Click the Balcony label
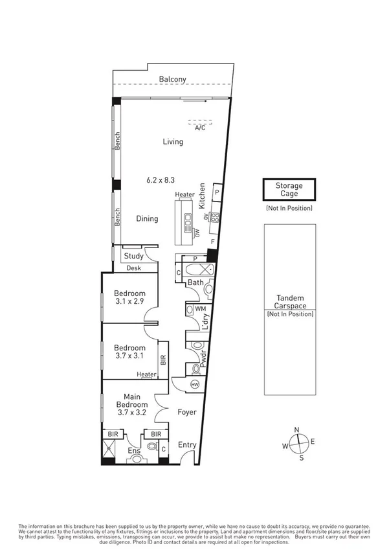point(173,80)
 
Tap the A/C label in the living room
point(199,128)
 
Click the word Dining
point(147,218)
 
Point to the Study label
point(133,256)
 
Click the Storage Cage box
point(289,190)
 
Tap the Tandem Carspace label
point(289,302)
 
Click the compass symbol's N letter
point(296,430)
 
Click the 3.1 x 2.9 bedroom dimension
point(129,301)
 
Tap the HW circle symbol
point(195,385)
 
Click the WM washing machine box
point(200,310)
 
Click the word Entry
point(187,444)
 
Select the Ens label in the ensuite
point(134,450)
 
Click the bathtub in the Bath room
point(196,271)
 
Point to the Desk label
point(133,267)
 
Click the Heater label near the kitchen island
point(184,194)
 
